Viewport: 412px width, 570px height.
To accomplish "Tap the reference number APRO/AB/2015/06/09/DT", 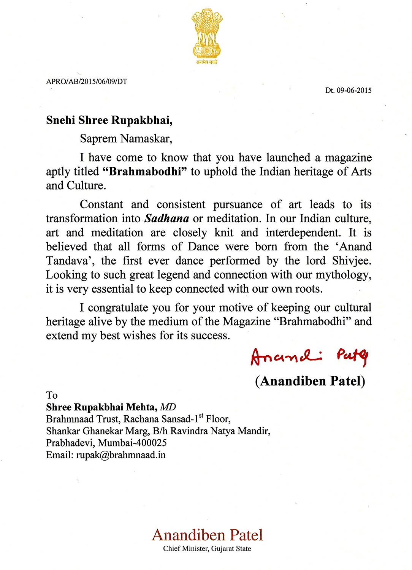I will [87, 81].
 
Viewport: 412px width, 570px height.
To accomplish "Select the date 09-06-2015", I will [354, 90].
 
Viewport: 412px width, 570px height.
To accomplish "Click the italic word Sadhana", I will [167, 218].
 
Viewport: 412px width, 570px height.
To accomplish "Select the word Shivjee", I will [352, 261].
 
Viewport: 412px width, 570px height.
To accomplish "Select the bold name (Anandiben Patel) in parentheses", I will [310, 381].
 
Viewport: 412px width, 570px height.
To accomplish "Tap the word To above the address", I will [52, 395].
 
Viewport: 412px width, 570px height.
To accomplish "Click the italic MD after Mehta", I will [168, 407].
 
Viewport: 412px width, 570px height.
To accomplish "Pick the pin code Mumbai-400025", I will [132, 443].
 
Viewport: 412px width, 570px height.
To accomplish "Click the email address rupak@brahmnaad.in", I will [121, 455].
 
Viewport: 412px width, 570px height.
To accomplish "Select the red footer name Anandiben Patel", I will [207, 535].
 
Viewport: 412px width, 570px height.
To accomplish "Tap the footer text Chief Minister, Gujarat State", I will [207, 549].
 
